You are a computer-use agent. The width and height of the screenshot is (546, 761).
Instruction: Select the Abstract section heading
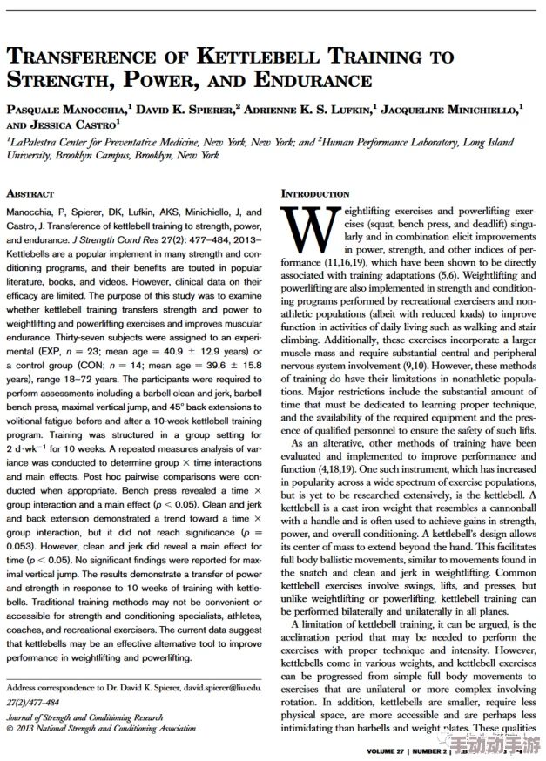(x=30, y=193)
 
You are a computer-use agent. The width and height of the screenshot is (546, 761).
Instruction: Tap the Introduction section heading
(x=315, y=193)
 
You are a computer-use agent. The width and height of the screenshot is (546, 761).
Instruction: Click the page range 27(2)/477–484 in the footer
(x=33, y=702)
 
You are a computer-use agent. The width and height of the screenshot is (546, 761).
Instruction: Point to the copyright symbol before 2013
(x=10, y=728)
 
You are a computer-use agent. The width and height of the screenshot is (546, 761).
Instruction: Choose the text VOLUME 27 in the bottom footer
(x=387, y=751)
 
